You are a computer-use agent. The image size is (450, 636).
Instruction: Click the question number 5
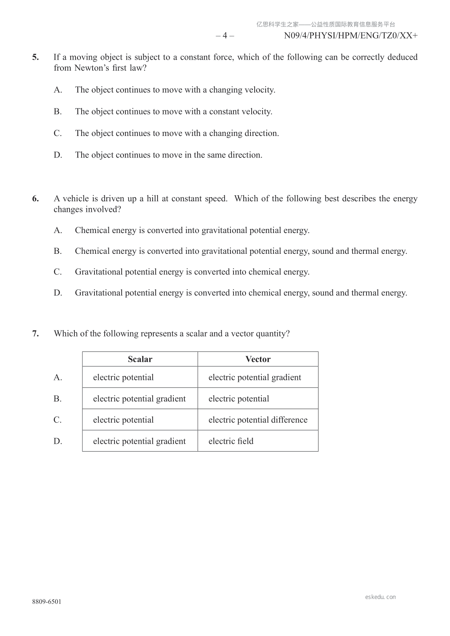(x=35, y=57)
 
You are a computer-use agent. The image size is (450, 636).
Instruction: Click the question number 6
(x=35, y=199)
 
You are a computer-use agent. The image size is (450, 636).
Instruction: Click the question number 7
(x=35, y=333)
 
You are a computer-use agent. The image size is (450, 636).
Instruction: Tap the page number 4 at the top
(x=225, y=36)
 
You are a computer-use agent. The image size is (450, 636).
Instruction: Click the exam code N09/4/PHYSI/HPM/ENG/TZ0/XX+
(x=351, y=36)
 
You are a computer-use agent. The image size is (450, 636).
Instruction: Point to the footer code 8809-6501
(x=46, y=602)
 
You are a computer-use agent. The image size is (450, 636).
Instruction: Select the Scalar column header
(x=140, y=359)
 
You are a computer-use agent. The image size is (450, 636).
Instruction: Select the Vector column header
(x=258, y=359)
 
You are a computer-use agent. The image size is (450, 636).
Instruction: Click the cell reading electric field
(x=231, y=441)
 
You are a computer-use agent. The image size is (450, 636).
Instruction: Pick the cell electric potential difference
(x=258, y=420)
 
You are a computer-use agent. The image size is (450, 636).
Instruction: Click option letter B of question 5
(x=57, y=112)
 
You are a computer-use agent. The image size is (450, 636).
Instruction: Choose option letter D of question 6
(x=57, y=293)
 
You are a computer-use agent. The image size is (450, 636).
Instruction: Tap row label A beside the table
(x=57, y=378)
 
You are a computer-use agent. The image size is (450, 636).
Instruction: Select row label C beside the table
(x=57, y=420)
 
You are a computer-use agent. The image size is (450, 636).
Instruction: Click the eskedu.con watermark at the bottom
(x=380, y=597)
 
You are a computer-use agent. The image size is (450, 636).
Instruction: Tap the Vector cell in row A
(x=255, y=378)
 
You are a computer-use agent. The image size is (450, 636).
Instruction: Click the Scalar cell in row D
(x=139, y=441)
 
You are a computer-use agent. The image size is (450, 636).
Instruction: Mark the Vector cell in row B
(x=239, y=399)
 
